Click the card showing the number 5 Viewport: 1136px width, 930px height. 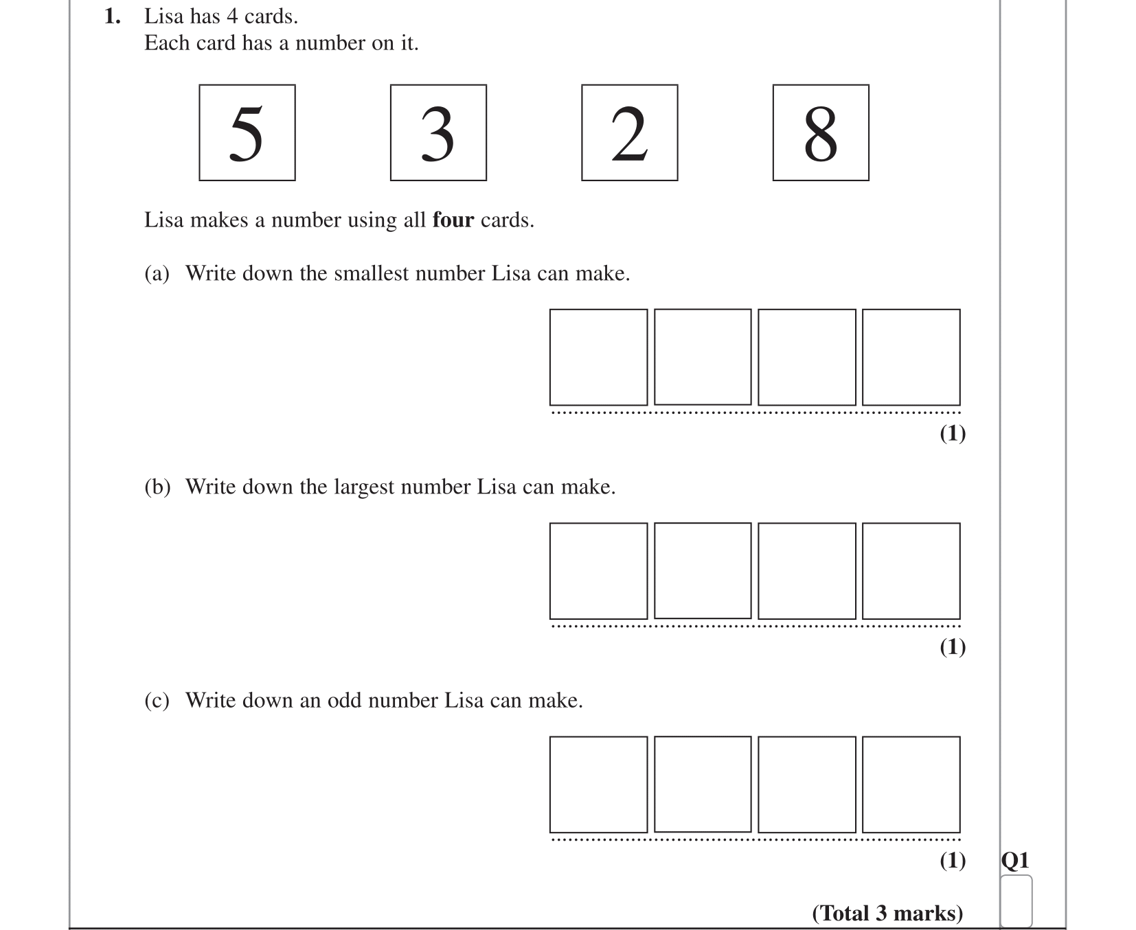point(247,132)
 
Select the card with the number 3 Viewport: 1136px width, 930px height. point(438,132)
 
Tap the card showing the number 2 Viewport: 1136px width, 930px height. point(629,132)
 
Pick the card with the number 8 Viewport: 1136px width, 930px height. point(820,132)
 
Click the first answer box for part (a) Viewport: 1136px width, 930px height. point(598,357)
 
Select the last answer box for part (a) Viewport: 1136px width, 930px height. point(911,357)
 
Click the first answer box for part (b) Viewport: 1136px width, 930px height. point(598,571)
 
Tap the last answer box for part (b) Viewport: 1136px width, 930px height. point(911,571)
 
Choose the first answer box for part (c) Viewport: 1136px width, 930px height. point(598,784)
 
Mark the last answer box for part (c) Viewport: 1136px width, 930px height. point(911,784)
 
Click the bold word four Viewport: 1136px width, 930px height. point(453,220)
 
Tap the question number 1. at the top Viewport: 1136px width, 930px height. point(113,16)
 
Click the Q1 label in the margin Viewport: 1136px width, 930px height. point(1015,860)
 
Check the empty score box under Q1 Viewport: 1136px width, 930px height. point(1016,900)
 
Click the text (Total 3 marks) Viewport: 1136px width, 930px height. point(887,914)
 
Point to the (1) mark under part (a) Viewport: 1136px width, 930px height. point(952,434)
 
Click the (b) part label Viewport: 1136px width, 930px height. point(157,487)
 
